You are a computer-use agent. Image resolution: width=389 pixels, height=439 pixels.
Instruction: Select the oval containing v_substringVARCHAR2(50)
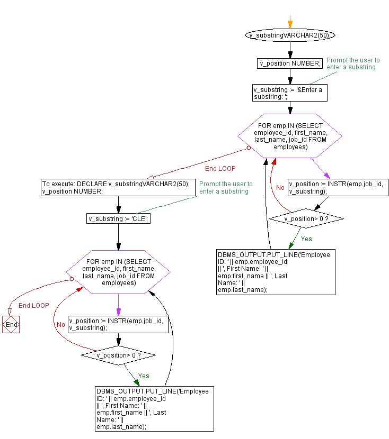click(x=290, y=35)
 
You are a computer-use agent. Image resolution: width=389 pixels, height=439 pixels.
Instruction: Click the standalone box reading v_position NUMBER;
click(x=289, y=63)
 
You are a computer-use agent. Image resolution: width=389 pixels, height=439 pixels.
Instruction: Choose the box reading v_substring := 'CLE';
click(x=118, y=218)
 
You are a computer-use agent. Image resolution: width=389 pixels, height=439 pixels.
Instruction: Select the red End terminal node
click(x=11, y=324)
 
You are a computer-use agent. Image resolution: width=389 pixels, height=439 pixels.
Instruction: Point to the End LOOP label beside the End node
click(x=33, y=306)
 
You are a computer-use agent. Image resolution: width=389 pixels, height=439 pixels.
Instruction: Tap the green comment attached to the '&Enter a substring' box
click(x=353, y=63)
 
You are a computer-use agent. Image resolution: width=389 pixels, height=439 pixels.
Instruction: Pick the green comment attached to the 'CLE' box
click(x=226, y=187)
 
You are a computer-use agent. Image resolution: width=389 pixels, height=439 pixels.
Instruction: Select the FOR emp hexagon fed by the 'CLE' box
click(x=118, y=272)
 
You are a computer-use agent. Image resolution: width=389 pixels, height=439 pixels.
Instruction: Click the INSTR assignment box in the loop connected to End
click(x=118, y=324)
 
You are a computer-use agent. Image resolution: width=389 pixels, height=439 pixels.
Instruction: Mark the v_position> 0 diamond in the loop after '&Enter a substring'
click(x=306, y=218)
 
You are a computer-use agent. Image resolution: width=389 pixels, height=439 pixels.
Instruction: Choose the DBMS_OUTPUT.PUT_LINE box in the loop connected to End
click(x=153, y=409)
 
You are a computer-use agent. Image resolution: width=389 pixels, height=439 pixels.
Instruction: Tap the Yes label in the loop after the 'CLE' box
click(x=144, y=376)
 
